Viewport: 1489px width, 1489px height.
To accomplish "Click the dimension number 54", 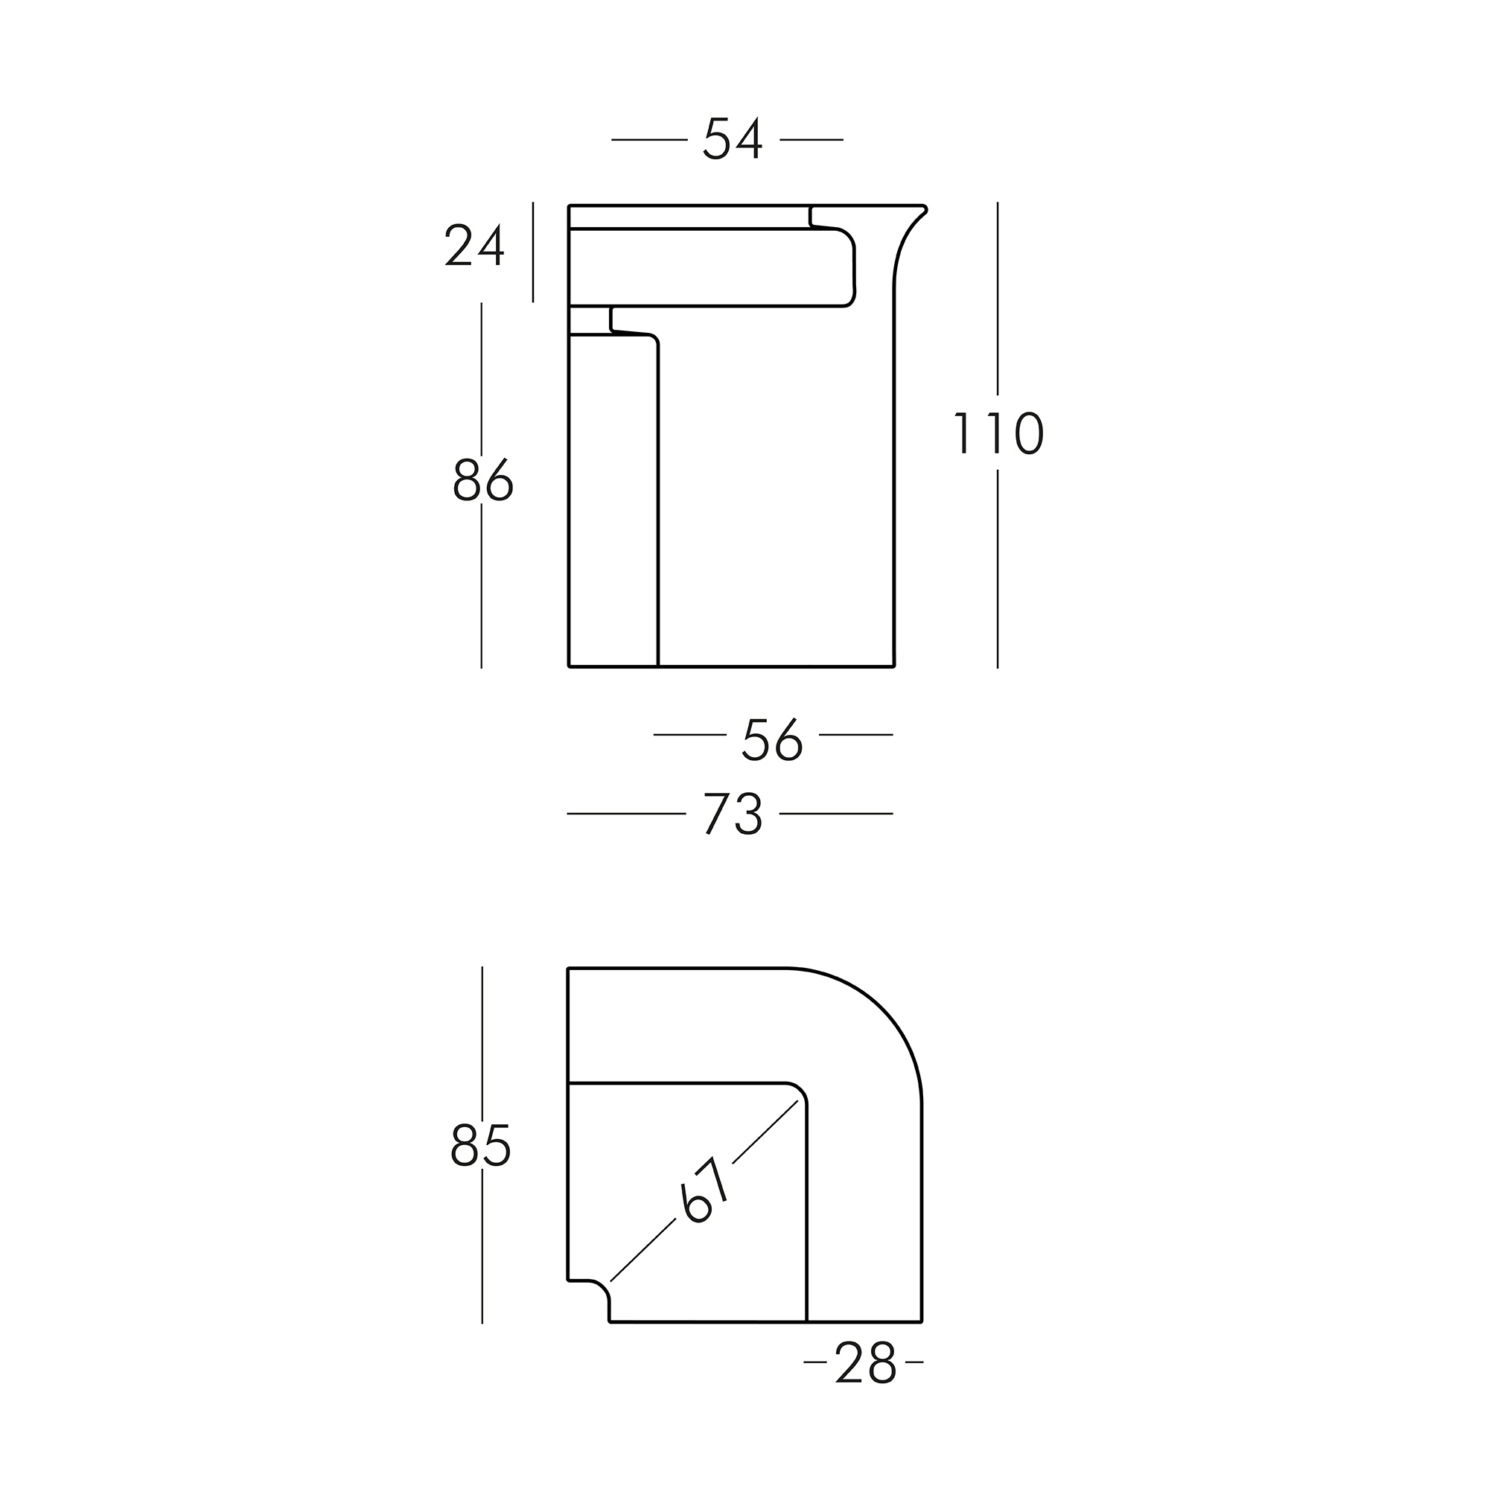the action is click(x=733, y=138).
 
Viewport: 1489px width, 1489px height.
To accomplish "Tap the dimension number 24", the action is click(x=475, y=245).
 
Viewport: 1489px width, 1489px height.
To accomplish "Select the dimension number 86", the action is click(x=482, y=479).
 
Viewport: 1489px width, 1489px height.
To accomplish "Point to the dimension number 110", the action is click(x=998, y=433).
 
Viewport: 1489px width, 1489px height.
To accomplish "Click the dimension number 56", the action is click(x=772, y=739).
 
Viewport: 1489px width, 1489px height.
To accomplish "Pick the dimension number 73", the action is click(x=733, y=813).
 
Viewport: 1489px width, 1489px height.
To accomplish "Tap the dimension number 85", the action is click(x=480, y=1144).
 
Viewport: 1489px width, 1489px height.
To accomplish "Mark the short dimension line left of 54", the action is click(x=649, y=139).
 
